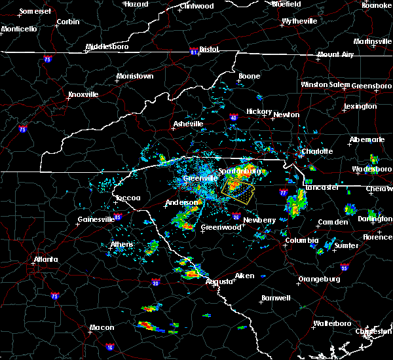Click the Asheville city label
(x=189, y=124)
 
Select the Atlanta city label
(x=48, y=259)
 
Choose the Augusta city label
(x=218, y=281)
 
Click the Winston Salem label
(x=325, y=85)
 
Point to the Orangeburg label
(x=319, y=279)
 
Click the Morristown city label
(x=134, y=77)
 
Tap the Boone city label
(x=249, y=77)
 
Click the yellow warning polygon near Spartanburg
(x=237, y=190)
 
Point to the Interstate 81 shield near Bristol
(x=194, y=49)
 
